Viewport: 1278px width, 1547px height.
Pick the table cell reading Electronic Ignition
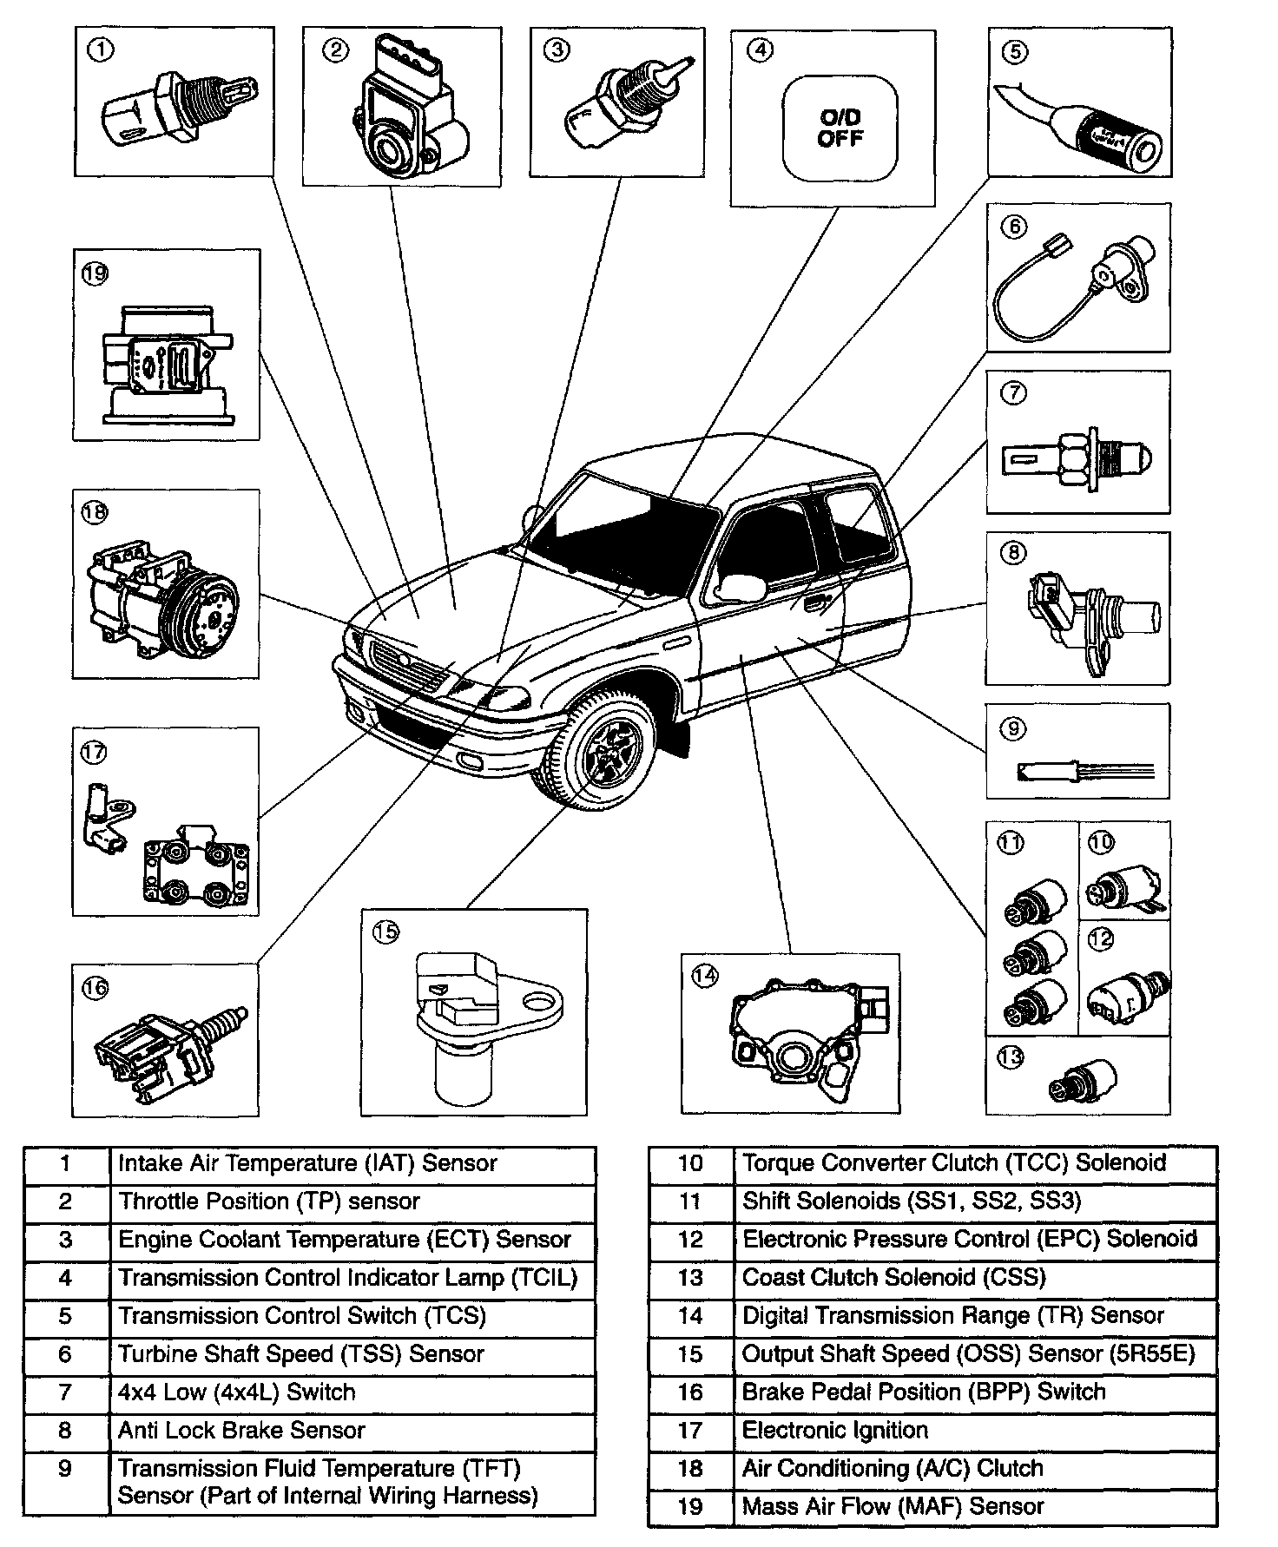tap(835, 1430)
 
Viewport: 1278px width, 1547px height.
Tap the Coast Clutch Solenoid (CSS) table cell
tap(893, 1277)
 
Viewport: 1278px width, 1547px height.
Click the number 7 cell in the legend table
tap(66, 1392)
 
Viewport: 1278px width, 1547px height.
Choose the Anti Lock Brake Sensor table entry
tap(241, 1430)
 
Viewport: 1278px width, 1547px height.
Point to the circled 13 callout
tap(1011, 1058)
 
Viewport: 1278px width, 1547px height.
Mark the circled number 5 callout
tap(1014, 52)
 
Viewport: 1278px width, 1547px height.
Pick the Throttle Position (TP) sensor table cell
tap(269, 1201)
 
